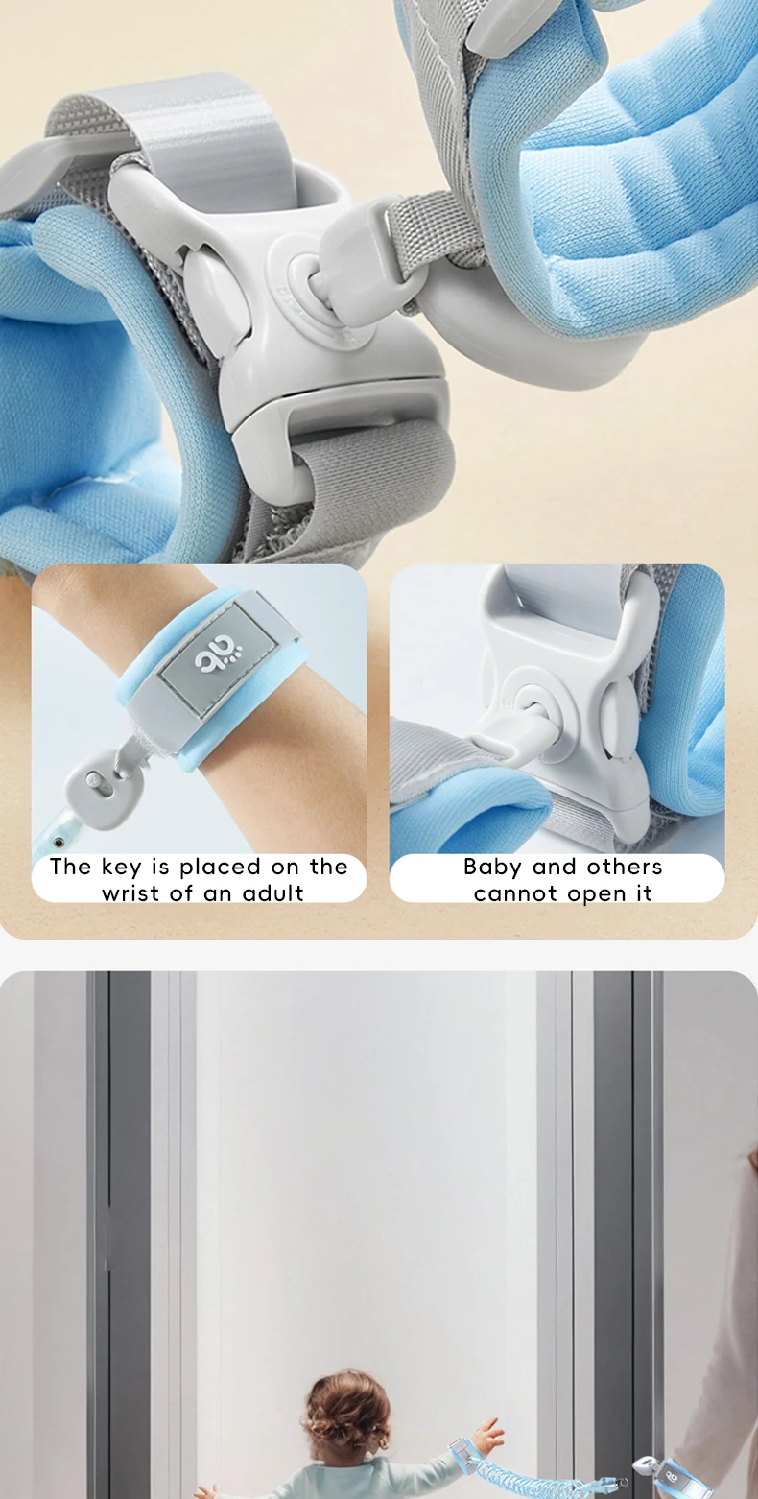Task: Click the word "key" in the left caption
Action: click(x=123, y=868)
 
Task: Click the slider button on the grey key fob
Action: click(x=96, y=780)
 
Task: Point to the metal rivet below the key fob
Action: click(x=59, y=842)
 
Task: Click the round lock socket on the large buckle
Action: click(x=309, y=282)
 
